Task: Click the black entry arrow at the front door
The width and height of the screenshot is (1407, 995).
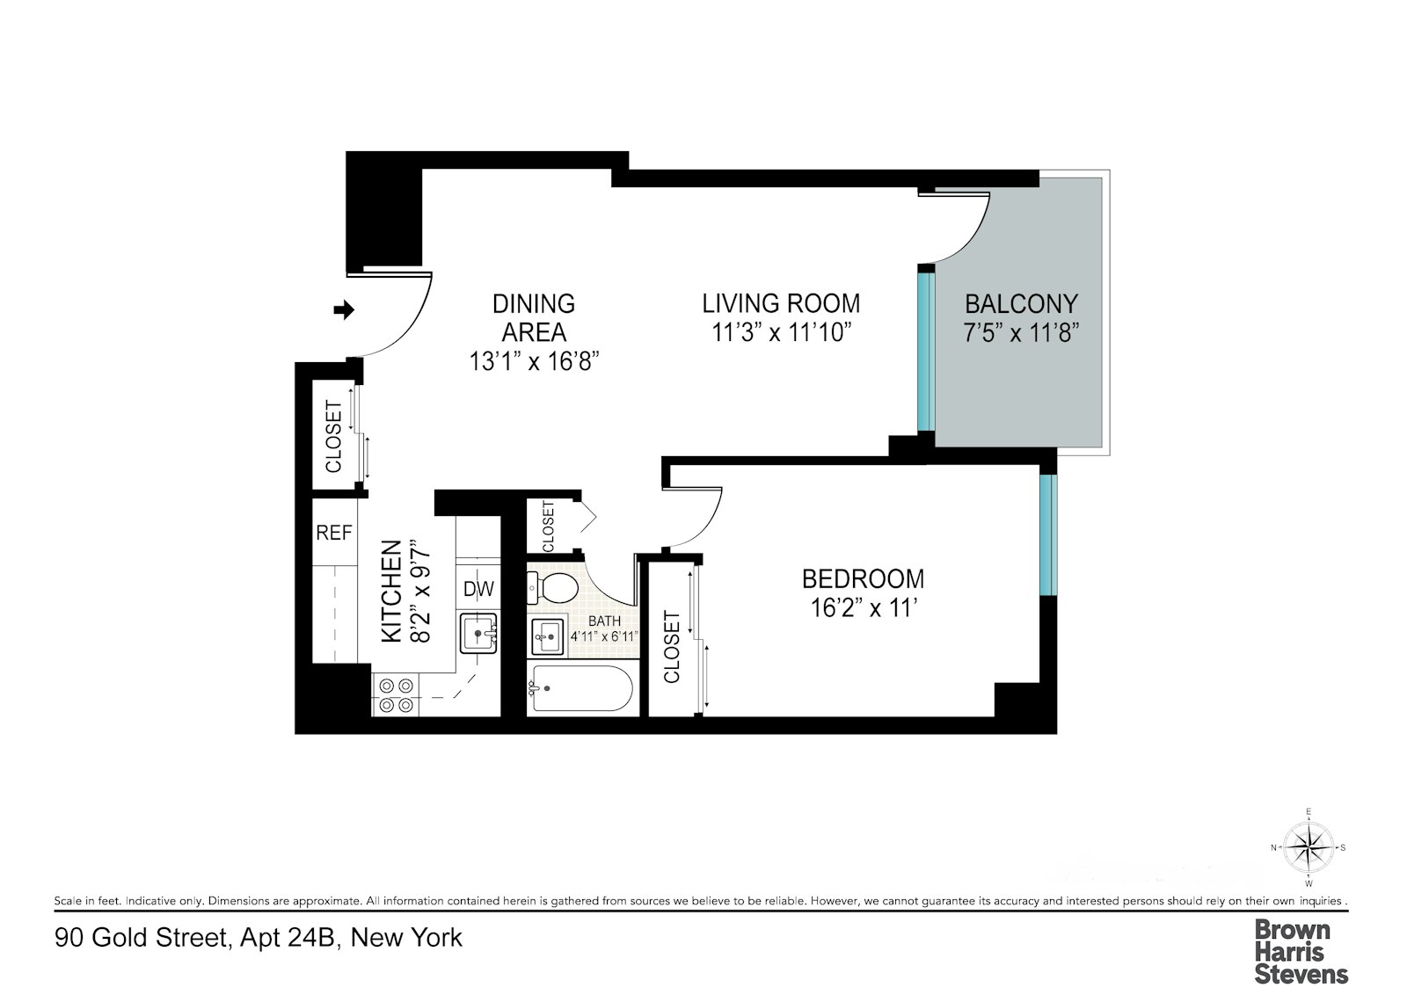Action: point(345,309)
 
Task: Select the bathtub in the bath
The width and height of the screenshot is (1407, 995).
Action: point(580,688)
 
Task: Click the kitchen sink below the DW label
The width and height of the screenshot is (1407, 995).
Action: point(479,632)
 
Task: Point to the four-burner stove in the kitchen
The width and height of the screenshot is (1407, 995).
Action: point(395,694)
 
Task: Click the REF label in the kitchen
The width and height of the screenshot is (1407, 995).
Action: point(334,533)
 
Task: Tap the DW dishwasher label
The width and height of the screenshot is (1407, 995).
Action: point(479,589)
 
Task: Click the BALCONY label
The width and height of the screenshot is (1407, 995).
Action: point(1021,304)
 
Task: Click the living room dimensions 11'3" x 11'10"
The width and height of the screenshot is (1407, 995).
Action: point(780,333)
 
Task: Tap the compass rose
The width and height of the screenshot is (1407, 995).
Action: point(1309,847)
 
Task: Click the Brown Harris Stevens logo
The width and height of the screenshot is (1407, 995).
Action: point(1301,951)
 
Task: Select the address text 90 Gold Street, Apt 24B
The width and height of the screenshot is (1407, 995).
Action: point(259,938)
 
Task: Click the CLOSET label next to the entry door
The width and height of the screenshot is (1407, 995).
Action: point(334,437)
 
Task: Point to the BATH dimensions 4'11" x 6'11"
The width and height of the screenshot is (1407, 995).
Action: point(604,636)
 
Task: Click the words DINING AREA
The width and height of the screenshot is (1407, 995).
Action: point(534,318)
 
